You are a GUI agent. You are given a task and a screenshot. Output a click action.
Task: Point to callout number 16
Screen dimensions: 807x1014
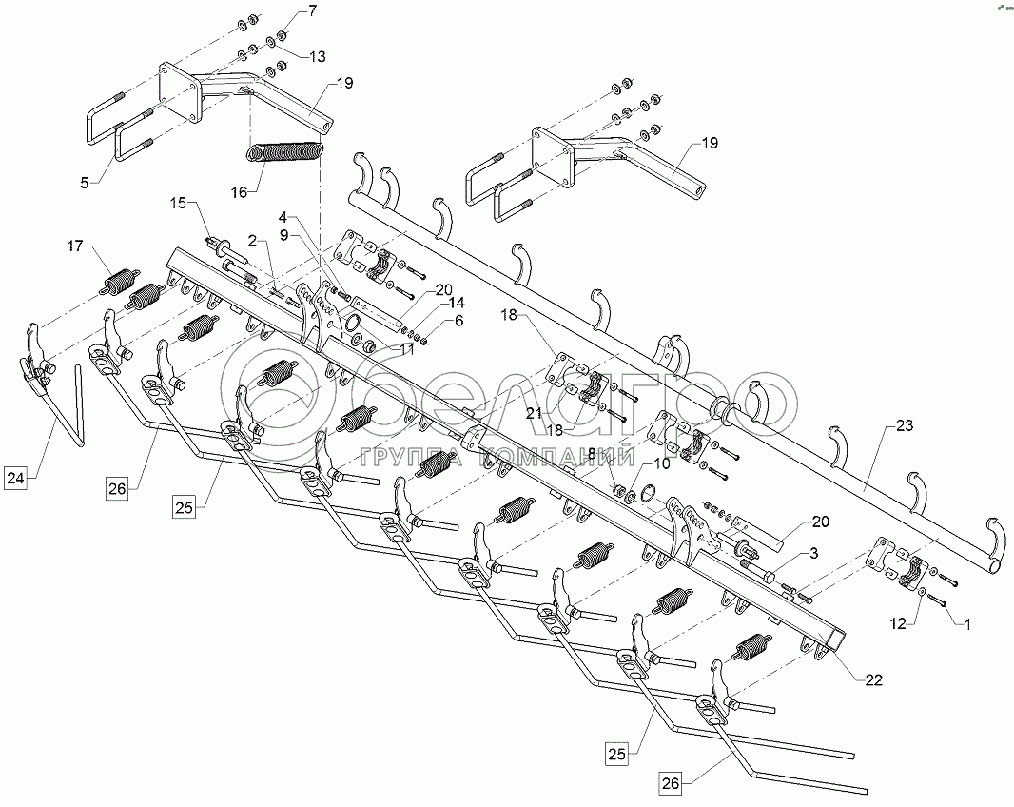238,191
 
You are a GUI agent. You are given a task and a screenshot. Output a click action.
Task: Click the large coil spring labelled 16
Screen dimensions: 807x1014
285,151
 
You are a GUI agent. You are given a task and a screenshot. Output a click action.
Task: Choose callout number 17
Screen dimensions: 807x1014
74,247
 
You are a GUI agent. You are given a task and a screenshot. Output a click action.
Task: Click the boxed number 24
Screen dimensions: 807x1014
17,479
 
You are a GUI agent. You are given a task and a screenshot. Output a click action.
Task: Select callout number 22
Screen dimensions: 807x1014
874,679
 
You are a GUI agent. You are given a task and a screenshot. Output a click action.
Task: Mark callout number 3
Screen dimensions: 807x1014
813,553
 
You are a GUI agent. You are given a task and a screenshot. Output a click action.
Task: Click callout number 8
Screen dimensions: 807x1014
594,455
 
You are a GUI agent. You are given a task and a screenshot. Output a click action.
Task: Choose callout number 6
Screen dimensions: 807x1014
459,321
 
